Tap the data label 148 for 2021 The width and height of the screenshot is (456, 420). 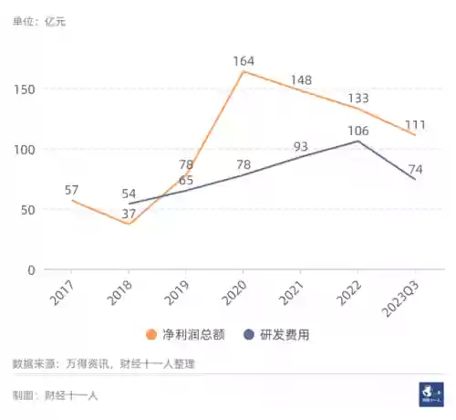pos(302,80)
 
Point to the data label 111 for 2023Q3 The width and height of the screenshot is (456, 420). pos(416,125)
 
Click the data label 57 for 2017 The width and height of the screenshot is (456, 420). pos(72,190)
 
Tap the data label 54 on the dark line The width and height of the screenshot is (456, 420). pos(130,194)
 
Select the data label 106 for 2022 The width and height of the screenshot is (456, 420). pos(358,131)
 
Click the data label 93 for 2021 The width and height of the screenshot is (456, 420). pos(302,146)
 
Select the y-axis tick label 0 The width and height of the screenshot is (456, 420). pos(31,270)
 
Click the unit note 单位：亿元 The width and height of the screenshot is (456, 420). pos(39,20)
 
